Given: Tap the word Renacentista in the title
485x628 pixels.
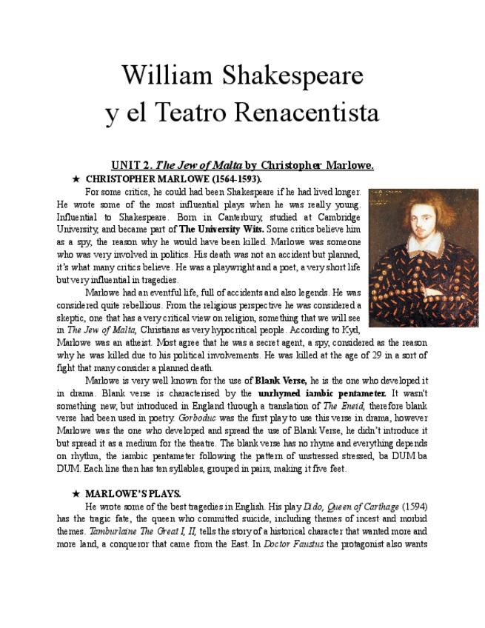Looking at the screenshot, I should click(x=307, y=113).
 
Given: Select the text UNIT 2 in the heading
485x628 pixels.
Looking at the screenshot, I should click(x=131, y=165).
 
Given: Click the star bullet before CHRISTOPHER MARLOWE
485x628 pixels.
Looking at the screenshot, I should click(x=76, y=179).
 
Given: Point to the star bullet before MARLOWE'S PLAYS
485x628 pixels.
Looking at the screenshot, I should click(x=76, y=493).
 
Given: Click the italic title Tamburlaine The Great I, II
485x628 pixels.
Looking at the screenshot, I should click(x=143, y=531).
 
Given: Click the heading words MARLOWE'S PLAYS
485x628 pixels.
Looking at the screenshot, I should click(x=133, y=493).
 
